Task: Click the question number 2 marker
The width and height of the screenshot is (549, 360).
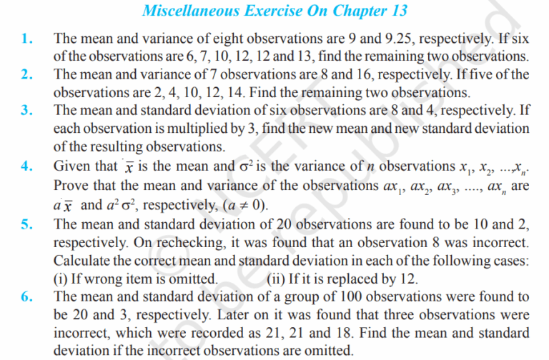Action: coord(25,75)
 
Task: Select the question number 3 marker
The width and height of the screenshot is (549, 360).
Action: coord(25,110)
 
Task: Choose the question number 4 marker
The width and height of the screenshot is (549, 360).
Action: coord(25,167)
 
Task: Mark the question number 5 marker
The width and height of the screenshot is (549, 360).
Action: coord(25,224)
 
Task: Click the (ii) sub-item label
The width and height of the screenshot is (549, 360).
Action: coord(276,277)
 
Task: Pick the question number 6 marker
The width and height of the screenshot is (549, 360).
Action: coord(25,296)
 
